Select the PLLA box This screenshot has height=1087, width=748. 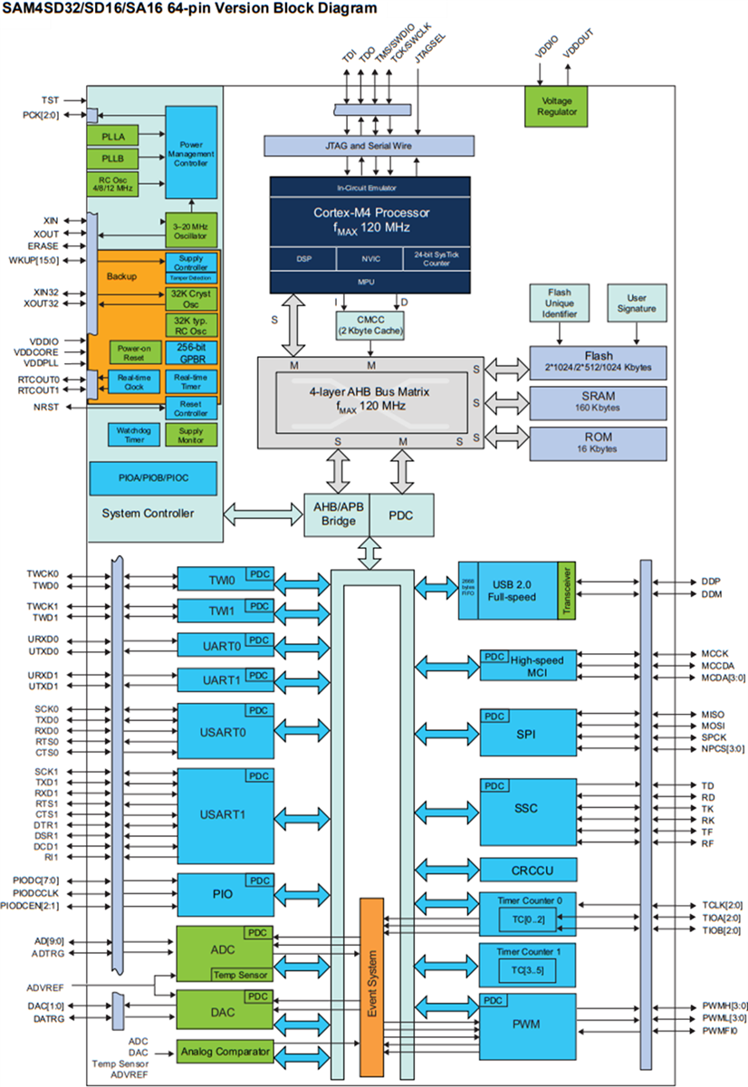tap(111, 135)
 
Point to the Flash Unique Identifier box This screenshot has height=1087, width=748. tap(560, 302)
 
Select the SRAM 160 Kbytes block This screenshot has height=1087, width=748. tap(598, 402)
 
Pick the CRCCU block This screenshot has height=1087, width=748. tap(528, 870)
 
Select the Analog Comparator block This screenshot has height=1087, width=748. tap(225, 1052)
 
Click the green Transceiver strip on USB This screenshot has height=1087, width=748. tap(567, 590)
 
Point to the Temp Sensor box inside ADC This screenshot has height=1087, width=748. tap(240, 975)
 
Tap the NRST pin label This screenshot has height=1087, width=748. tap(47, 408)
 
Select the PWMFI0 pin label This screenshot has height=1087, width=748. tap(720, 1031)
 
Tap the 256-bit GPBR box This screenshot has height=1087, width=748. tap(191, 353)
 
